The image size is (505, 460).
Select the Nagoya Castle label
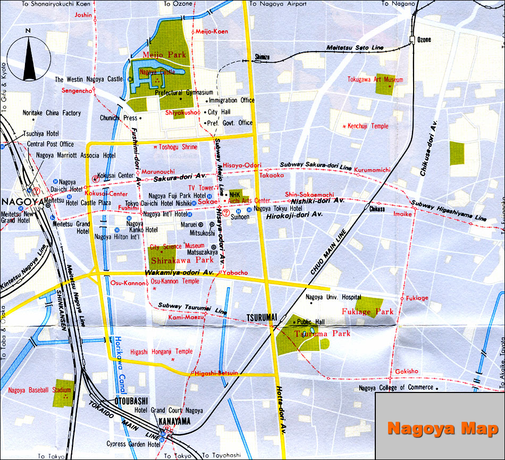157,71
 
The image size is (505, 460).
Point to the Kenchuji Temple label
368,126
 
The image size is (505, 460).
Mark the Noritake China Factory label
52,113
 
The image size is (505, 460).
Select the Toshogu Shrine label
178,147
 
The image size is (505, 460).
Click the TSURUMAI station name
262,317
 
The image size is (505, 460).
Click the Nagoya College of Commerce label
396,388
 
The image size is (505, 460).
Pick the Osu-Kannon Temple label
175,281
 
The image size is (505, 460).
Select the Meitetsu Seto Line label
356,48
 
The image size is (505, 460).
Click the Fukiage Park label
367,312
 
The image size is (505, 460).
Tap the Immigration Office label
231,100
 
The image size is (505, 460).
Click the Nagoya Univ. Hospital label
336,297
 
